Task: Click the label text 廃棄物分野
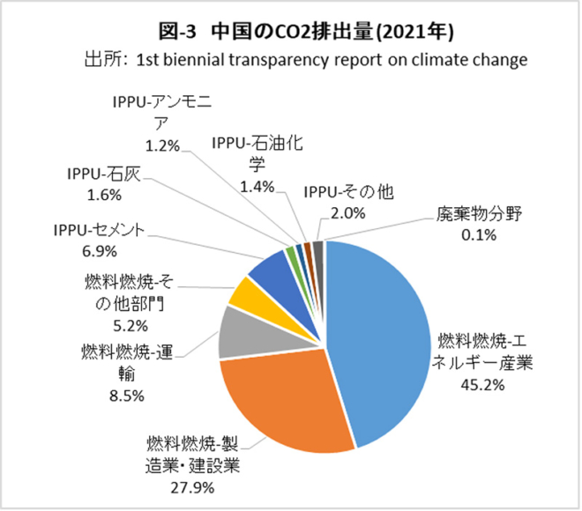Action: (x=481, y=214)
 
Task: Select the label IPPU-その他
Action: (x=347, y=190)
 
